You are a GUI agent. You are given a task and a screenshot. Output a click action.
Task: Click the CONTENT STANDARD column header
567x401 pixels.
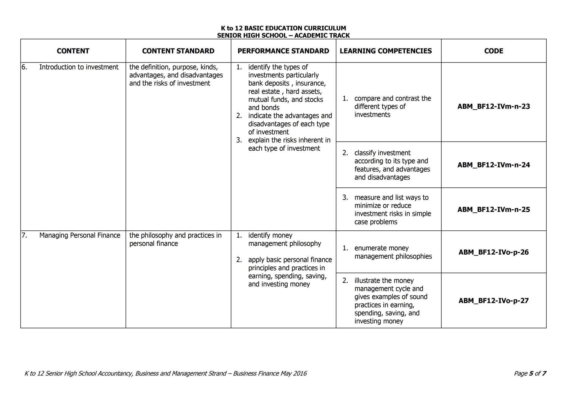coord(178,51)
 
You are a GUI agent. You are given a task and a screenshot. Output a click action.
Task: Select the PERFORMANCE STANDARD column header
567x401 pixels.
coord(283,51)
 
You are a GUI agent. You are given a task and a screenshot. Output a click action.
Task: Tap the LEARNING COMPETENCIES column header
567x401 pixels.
coord(386,51)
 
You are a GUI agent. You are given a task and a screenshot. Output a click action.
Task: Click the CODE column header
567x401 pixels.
coord(494,51)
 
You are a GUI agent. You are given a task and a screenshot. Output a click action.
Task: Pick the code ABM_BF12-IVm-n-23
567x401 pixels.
coord(494,107)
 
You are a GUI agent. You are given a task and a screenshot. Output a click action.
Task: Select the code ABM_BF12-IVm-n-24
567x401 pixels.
coord(494,165)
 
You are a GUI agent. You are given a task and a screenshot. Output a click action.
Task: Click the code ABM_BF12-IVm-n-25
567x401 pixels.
coord(494,210)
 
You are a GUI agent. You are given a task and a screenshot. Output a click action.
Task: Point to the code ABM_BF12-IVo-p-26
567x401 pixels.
coord(494,252)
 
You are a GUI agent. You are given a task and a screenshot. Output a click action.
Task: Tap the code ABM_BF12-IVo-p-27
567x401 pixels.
coord(494,301)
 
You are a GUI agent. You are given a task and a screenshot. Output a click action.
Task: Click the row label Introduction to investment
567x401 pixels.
coord(79,67)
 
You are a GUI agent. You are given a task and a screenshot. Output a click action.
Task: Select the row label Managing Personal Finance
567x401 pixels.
coord(79,235)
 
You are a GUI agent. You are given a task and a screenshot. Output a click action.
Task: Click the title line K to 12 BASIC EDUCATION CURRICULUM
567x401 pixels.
coord(283,28)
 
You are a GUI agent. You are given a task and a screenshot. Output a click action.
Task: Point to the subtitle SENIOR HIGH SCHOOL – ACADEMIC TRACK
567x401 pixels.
coord(283,35)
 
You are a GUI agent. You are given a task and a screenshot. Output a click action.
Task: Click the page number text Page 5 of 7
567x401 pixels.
coord(530,373)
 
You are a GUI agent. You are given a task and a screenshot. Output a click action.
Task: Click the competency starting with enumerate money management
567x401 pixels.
coord(393,252)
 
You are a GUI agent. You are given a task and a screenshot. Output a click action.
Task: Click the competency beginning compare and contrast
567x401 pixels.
coord(392,99)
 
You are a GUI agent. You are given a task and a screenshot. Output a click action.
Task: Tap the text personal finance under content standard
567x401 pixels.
coord(153,244)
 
